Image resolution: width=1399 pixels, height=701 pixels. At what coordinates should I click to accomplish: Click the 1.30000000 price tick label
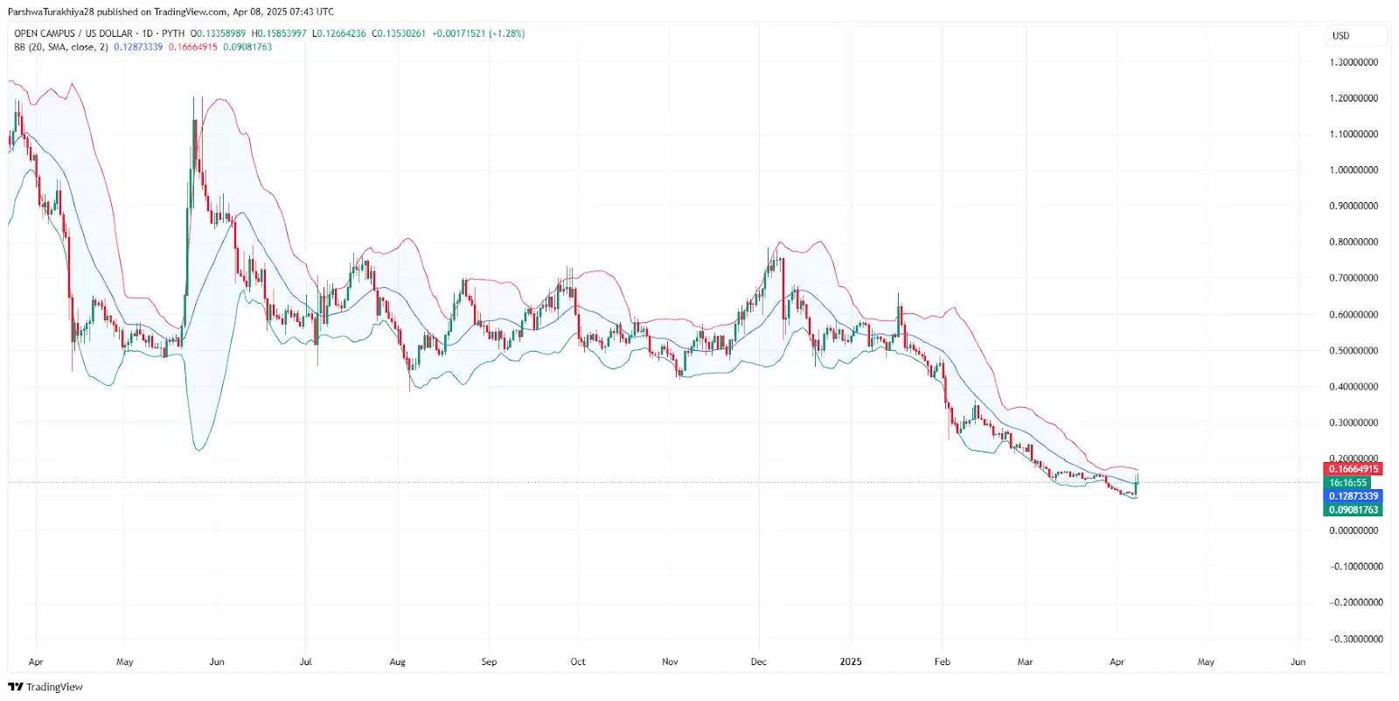[1354, 63]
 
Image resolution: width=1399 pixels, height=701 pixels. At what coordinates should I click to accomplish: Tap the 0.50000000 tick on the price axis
[1354, 351]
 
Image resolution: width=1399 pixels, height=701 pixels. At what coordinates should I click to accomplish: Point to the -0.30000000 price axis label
[1356, 639]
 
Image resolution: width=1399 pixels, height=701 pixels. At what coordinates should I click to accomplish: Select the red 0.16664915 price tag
[1353, 469]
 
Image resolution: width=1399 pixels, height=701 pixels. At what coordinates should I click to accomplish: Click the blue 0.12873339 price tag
[1353, 496]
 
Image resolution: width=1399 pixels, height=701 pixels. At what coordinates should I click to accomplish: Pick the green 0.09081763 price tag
[1353, 509]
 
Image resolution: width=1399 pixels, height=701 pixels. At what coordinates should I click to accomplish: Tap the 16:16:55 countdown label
[1347, 483]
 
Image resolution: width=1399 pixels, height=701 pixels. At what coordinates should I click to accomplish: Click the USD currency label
[1340, 36]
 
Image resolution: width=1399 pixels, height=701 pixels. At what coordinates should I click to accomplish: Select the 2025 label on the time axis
[851, 662]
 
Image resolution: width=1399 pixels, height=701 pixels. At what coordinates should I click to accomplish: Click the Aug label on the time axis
[398, 662]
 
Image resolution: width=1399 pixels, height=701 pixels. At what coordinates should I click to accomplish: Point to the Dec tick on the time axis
[759, 662]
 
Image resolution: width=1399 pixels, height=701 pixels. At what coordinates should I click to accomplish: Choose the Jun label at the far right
[1298, 662]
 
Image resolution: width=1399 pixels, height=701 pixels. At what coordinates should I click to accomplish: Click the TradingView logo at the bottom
[45, 687]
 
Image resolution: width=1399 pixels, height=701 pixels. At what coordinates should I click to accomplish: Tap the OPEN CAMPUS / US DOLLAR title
[73, 33]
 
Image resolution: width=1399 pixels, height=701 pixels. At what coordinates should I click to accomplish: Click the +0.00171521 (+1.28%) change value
[478, 33]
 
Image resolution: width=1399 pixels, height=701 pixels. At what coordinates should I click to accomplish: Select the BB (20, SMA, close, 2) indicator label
[61, 47]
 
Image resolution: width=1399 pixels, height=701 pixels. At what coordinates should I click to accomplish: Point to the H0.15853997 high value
[279, 33]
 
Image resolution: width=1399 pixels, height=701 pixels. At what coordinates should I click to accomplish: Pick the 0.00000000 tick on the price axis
[1354, 530]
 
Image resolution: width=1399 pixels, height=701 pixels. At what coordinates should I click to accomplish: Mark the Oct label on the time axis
[578, 662]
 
